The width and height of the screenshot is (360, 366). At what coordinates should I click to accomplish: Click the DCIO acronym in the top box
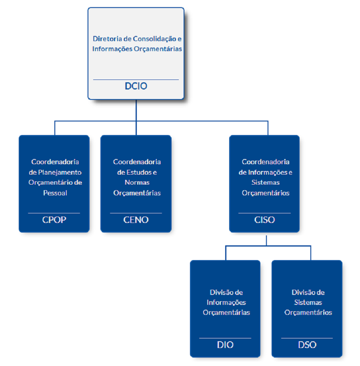[x=136, y=86]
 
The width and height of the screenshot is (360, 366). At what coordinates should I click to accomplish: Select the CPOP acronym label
[x=54, y=219]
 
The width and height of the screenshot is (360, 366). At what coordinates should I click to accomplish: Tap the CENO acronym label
[x=136, y=219]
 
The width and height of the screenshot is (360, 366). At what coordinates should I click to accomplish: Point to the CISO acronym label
[x=264, y=219]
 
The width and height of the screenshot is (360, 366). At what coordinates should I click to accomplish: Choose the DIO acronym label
[x=225, y=344]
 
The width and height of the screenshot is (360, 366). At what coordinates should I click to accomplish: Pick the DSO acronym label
[x=307, y=344]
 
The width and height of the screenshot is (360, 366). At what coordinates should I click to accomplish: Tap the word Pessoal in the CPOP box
[x=55, y=193]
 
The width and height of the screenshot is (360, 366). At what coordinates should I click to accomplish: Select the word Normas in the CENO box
[x=137, y=183]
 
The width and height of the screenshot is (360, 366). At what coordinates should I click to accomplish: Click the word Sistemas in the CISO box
[x=266, y=183]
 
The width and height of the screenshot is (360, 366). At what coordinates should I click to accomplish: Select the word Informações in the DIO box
[x=226, y=302]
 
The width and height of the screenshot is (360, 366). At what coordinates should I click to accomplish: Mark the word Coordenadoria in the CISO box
[x=266, y=162]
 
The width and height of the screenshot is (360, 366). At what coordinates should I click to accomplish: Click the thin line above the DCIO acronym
[x=136, y=80]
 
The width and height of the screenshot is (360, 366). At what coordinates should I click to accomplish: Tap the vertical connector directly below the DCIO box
[x=136, y=110]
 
